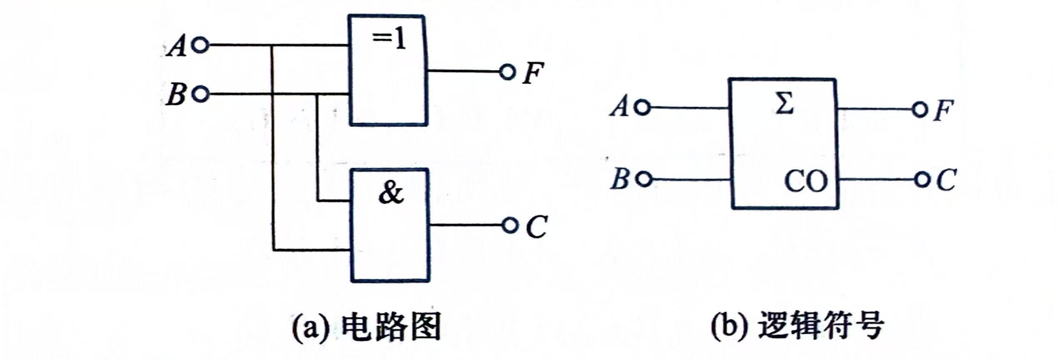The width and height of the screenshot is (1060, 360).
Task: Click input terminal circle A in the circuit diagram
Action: tap(201, 45)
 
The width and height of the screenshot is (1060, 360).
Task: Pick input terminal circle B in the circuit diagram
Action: tap(201, 94)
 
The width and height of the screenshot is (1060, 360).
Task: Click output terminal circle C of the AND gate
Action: tap(509, 225)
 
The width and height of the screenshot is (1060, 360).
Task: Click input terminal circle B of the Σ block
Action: tap(644, 180)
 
